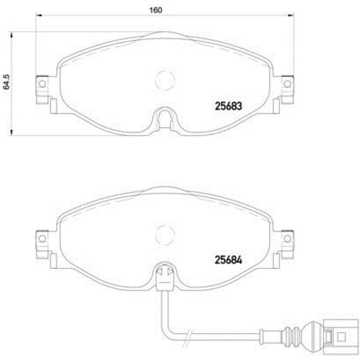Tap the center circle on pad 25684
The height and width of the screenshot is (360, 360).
point(164,234)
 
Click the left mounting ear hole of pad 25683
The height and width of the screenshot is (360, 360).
point(41,84)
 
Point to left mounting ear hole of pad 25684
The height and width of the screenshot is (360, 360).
point(41,238)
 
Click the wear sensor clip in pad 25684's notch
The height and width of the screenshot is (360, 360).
point(163,276)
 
